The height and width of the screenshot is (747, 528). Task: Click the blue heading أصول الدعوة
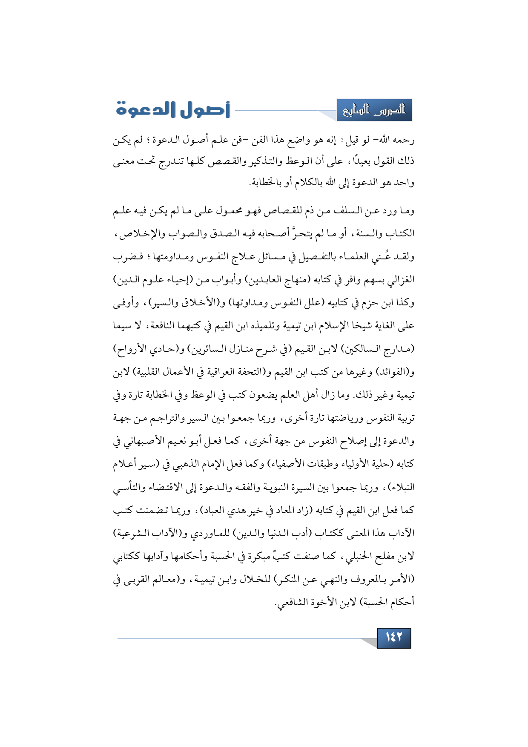173,110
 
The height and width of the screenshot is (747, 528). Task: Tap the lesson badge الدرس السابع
374,110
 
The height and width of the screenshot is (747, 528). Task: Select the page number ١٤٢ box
394,638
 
